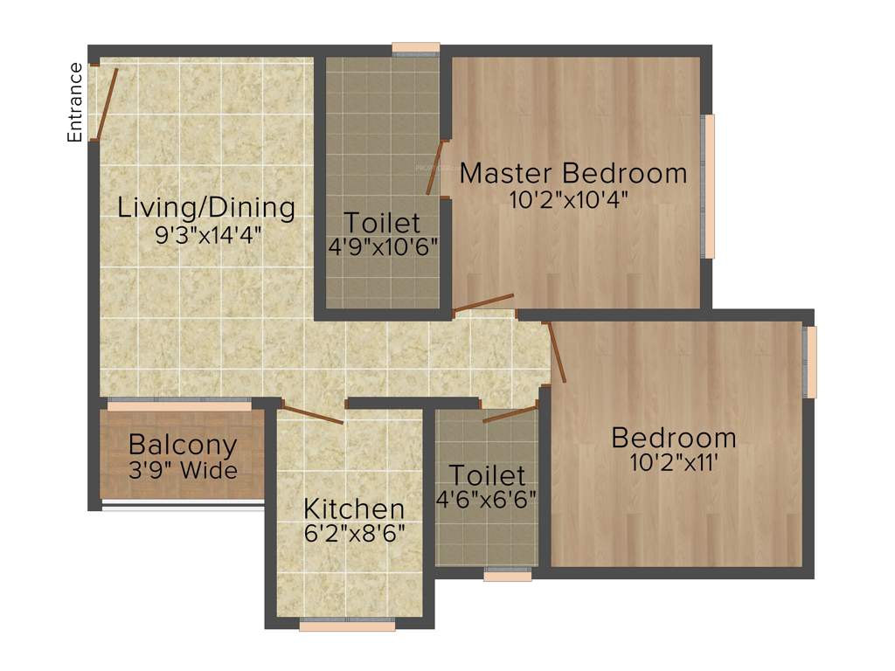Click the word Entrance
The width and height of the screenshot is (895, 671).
coord(75,102)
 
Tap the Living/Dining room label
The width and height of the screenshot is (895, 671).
coord(206,208)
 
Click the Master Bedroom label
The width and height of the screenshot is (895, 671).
coord(573,173)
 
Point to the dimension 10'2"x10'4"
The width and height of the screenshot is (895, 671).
coord(569,199)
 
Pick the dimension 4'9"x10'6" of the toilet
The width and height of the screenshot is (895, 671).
coord(382,247)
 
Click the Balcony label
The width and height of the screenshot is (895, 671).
coord(182,445)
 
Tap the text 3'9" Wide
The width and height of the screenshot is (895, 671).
coord(182,471)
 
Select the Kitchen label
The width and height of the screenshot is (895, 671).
coord(354,508)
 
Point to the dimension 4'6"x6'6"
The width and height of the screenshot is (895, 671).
coord(487,500)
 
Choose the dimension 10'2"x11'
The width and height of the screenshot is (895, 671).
coord(674,463)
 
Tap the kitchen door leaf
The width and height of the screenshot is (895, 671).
coord(312,415)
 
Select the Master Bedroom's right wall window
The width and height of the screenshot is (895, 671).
coord(709,186)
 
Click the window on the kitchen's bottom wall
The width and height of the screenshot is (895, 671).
coord(347,625)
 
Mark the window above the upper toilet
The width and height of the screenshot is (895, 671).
coord(415,48)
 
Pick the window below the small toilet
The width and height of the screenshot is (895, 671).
coord(508,575)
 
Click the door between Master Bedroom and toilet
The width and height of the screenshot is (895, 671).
coord(434,168)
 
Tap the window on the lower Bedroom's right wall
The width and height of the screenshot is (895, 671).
coord(811,362)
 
